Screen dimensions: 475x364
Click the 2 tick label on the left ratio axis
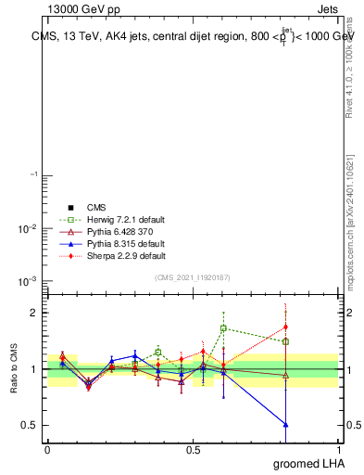(x=33, y=314)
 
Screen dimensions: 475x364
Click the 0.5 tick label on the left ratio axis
(x=29, y=425)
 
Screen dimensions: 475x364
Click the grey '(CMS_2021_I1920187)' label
(x=193, y=276)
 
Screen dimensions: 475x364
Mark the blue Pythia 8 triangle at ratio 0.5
(x=285, y=424)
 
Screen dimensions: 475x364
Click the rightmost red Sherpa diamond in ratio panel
(x=285, y=327)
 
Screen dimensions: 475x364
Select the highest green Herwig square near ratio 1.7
(x=223, y=328)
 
